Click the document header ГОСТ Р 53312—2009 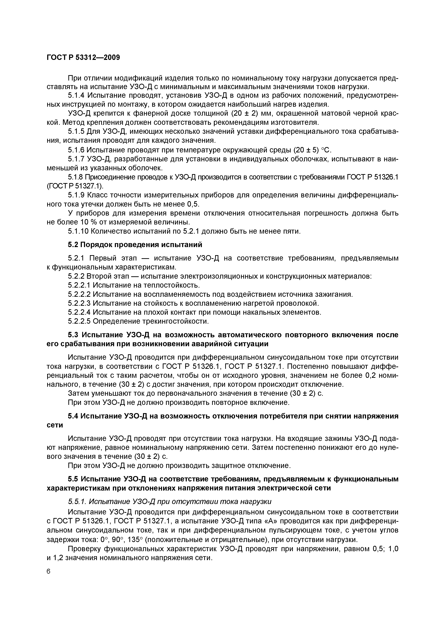click(x=83, y=58)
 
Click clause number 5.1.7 click(x=76, y=159)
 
